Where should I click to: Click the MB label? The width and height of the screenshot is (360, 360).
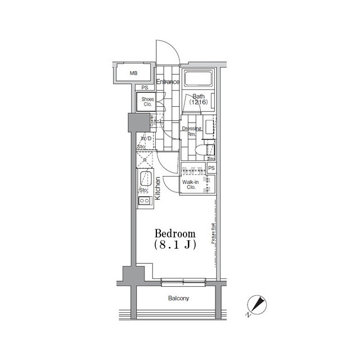click(x=134, y=73)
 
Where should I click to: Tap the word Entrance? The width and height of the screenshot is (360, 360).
click(x=168, y=82)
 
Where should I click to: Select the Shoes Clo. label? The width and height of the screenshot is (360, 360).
click(x=147, y=102)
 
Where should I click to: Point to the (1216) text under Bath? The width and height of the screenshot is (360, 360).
click(x=198, y=102)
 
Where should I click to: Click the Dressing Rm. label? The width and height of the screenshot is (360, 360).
click(x=188, y=131)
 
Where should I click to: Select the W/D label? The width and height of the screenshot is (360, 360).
click(x=145, y=138)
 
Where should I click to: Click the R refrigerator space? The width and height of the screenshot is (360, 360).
click(x=145, y=160)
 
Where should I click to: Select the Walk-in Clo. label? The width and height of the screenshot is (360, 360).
click(x=188, y=184)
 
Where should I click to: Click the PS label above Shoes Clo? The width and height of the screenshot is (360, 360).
click(x=145, y=88)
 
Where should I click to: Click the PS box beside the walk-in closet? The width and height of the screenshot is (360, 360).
click(x=211, y=168)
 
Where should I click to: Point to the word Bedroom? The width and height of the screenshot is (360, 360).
click(x=175, y=233)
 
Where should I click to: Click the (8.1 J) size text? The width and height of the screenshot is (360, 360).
click(x=174, y=245)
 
